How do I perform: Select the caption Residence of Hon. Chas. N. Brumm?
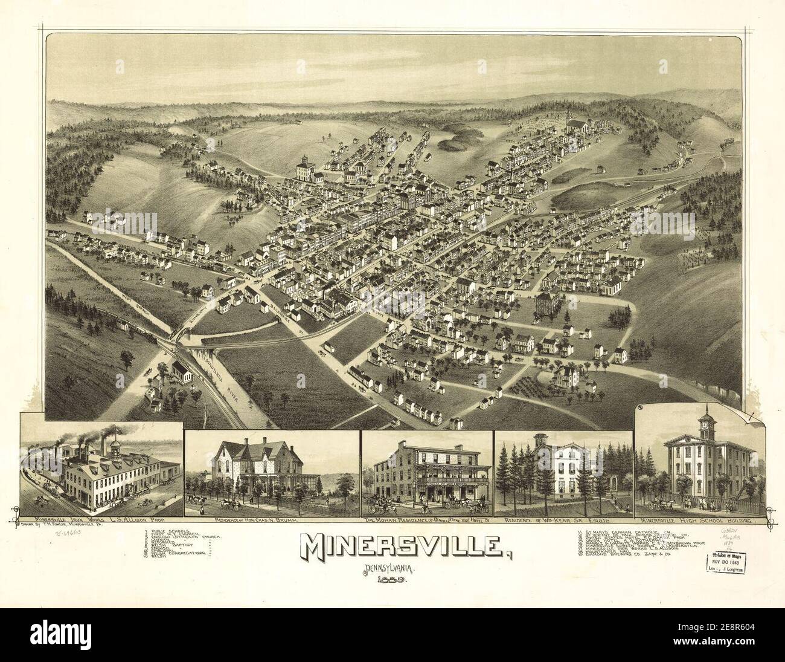271,520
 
